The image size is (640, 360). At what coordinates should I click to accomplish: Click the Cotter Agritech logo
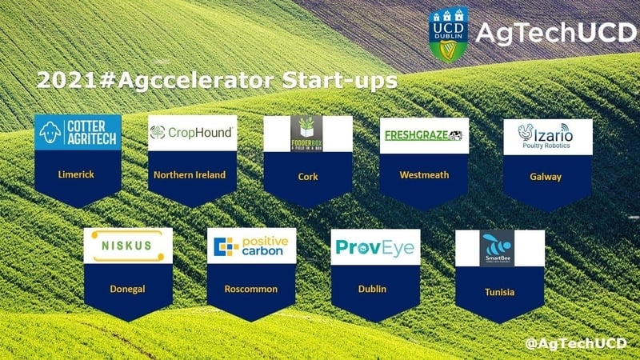click(x=78, y=133)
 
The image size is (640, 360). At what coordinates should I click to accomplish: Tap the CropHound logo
click(x=192, y=133)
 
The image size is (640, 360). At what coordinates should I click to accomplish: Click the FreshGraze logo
click(x=423, y=134)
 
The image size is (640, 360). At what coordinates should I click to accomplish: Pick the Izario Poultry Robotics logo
click(x=547, y=135)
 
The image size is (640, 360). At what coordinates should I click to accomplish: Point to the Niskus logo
click(x=128, y=246)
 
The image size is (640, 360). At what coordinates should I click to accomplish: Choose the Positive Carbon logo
click(x=251, y=246)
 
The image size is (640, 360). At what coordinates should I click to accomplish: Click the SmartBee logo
click(x=492, y=247)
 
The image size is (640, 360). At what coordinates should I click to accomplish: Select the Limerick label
click(x=78, y=174)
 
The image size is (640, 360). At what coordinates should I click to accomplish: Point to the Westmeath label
click(x=423, y=174)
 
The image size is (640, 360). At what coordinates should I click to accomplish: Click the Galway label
click(x=547, y=177)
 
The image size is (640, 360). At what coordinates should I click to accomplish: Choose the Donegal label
click(x=128, y=287)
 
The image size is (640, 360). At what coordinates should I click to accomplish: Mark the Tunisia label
click(x=499, y=292)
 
